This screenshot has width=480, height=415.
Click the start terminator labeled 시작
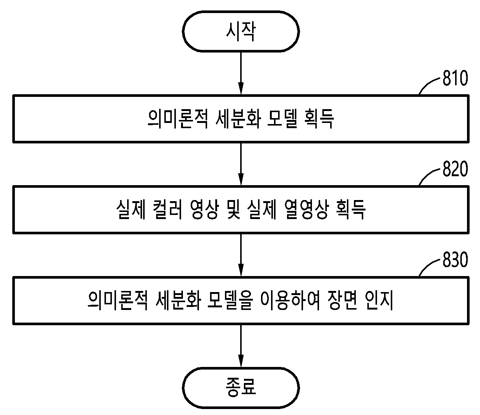tap(241, 31)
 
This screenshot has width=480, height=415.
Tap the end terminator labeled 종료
tap(241, 388)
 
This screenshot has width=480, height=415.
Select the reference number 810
tap(455, 78)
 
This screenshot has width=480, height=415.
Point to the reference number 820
tap(455, 169)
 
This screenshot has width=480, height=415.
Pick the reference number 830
tap(455, 260)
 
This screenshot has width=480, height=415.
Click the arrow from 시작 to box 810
tap(241, 73)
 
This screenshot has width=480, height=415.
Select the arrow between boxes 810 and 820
tap(241, 164)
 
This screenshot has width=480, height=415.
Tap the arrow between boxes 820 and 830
tap(241, 255)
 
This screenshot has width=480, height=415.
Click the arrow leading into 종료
tap(241, 346)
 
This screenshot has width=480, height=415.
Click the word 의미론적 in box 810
tap(178, 119)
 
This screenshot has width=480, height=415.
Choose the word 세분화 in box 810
tap(238, 119)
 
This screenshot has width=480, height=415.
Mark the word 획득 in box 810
tap(319, 119)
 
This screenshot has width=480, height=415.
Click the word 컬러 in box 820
tap(167, 210)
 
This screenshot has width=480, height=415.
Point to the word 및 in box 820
tap(233, 210)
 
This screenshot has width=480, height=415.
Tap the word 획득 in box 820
tap(351, 210)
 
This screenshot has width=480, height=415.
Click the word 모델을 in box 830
tap(229, 301)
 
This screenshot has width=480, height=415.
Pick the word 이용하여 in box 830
tap(290, 301)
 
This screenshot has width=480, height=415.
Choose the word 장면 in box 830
tap(342, 301)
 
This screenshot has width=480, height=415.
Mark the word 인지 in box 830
tap(379, 301)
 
